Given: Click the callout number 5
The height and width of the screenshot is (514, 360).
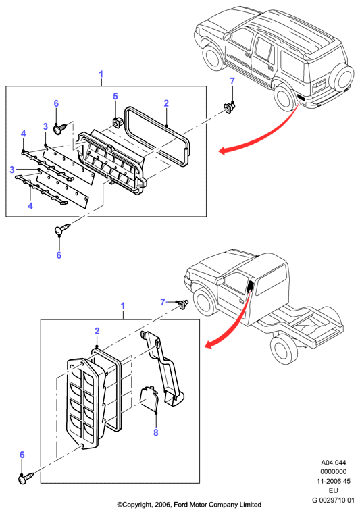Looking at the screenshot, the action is point(115,96).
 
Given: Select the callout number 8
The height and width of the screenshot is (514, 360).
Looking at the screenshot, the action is point(156,432).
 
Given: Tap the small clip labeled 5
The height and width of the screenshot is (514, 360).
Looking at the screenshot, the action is point(116,123).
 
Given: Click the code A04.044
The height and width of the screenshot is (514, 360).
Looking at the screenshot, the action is point(334,463).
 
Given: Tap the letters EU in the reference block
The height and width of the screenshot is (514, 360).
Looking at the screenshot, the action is point(334,490).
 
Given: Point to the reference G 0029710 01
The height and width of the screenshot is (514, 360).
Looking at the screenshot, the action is point(333,500).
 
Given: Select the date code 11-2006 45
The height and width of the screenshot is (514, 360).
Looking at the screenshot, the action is point(334,481).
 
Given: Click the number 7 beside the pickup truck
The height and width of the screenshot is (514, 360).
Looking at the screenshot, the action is point(163,302).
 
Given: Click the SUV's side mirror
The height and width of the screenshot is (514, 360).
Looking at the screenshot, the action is point(227,36).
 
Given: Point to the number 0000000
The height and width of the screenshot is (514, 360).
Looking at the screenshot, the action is point(334,471).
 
